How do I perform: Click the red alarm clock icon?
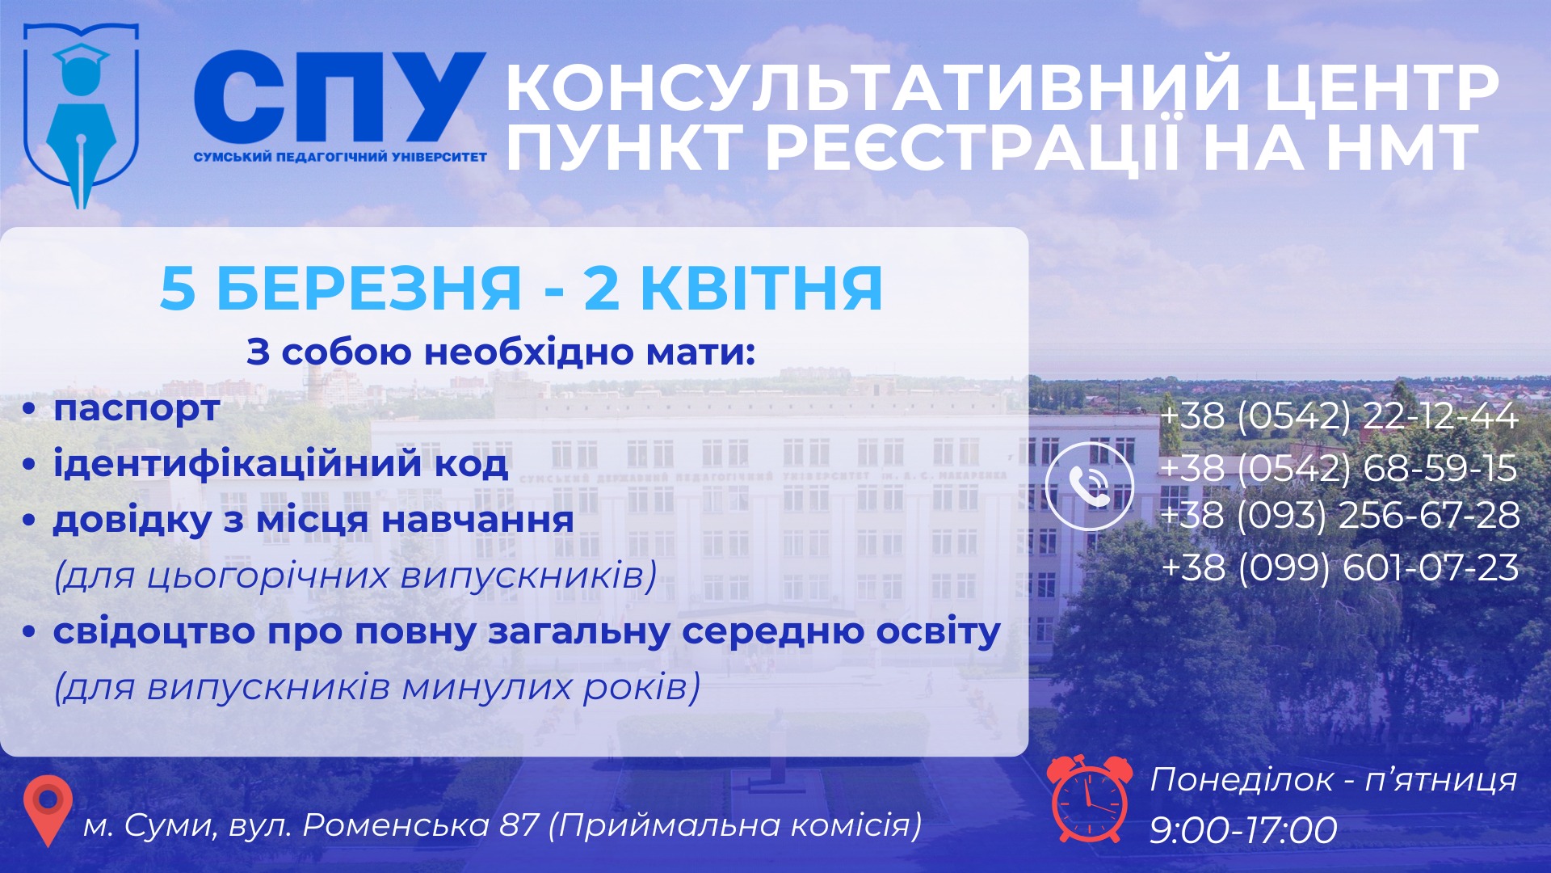(x=1088, y=799)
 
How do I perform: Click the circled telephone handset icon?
(x=1089, y=486)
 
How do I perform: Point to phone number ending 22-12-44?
(x=1339, y=415)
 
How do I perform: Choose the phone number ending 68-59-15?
(x=1339, y=467)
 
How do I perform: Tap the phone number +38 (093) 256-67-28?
(x=1339, y=516)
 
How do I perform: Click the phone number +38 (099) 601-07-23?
(x=1339, y=567)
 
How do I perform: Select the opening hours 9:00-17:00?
(x=1243, y=830)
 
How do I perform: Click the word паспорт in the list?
(x=137, y=409)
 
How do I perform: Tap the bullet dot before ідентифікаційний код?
(x=30, y=465)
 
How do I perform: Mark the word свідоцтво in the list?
(x=154, y=631)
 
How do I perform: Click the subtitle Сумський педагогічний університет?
(x=340, y=157)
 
